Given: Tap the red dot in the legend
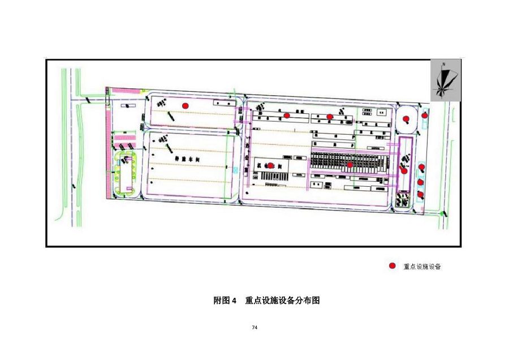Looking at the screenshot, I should [x=392, y=266].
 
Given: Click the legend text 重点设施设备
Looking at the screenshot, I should [x=421, y=267].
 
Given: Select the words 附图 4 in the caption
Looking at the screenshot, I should [x=225, y=301].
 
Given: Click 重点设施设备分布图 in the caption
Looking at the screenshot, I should [x=282, y=301].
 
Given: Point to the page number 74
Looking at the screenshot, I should [x=255, y=328].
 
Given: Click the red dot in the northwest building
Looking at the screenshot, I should [x=184, y=105].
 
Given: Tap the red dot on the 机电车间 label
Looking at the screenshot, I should [x=270, y=165].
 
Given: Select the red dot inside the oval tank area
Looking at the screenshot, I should [x=406, y=119].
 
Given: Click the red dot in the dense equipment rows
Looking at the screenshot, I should [x=350, y=165].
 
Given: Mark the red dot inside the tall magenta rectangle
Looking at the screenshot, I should [x=404, y=170].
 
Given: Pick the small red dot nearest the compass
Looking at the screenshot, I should [x=425, y=116].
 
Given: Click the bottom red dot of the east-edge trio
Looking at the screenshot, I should [x=420, y=194].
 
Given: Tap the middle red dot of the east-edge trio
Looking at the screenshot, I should [x=421, y=182].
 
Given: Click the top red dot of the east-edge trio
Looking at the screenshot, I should [x=421, y=167].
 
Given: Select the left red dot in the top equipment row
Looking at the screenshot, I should [x=287, y=115].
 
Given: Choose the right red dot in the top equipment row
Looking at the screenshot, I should [x=330, y=117].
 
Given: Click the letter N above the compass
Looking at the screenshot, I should [x=445, y=64].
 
